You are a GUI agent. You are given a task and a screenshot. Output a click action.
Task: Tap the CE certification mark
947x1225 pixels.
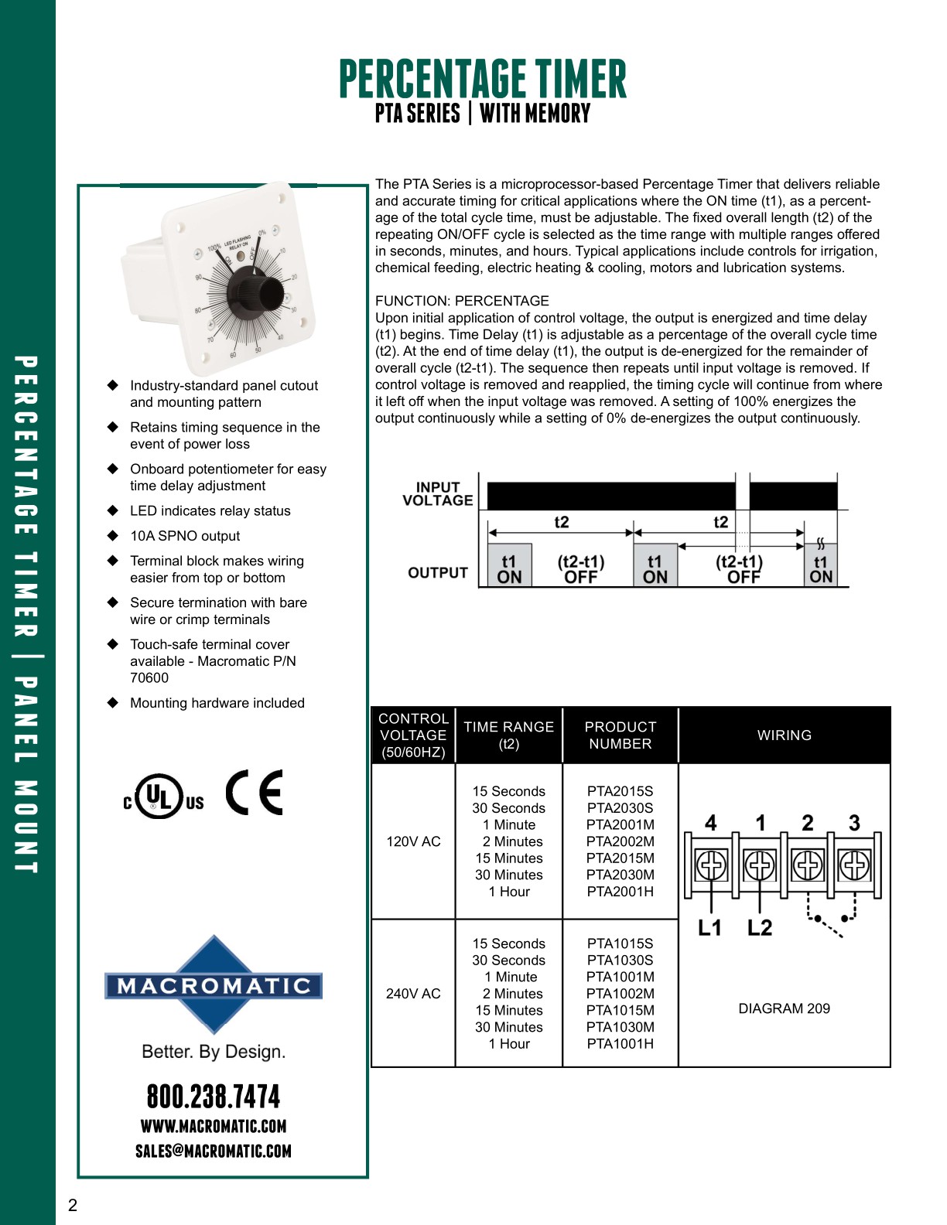[x=255, y=793]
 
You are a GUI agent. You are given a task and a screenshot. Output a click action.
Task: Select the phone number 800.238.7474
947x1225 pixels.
[x=214, y=1097]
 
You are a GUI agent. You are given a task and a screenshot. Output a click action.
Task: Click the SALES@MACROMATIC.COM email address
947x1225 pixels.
[x=214, y=1151]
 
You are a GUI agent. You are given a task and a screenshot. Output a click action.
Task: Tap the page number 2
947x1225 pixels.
[x=73, y=1205]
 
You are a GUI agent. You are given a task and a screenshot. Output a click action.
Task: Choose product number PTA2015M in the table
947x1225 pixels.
[x=620, y=858]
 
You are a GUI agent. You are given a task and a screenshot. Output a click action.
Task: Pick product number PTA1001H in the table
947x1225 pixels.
[x=620, y=1044]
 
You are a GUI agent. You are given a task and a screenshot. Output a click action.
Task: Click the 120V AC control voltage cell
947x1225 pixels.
[x=413, y=841]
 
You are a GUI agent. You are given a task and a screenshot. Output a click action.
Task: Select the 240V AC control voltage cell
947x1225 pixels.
[x=413, y=994]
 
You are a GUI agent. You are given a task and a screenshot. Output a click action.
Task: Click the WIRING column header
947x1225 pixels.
[x=784, y=735]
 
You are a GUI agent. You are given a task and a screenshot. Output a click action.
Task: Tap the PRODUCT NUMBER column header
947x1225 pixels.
[x=620, y=735]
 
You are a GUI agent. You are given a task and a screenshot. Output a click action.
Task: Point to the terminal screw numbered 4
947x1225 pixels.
[x=712, y=865]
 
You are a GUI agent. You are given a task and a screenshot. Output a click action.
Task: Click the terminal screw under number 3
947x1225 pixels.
[x=855, y=865]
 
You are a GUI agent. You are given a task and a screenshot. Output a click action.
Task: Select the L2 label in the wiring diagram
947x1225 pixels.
[x=760, y=927]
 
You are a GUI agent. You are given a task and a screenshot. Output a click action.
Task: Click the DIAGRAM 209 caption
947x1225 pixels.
[x=784, y=1008]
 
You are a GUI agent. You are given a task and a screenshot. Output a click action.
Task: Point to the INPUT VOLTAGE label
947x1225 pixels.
[x=438, y=494]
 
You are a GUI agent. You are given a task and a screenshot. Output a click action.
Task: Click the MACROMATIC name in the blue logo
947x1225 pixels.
[x=214, y=986]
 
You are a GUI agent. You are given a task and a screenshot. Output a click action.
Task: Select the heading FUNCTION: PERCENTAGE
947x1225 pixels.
[x=462, y=301]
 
